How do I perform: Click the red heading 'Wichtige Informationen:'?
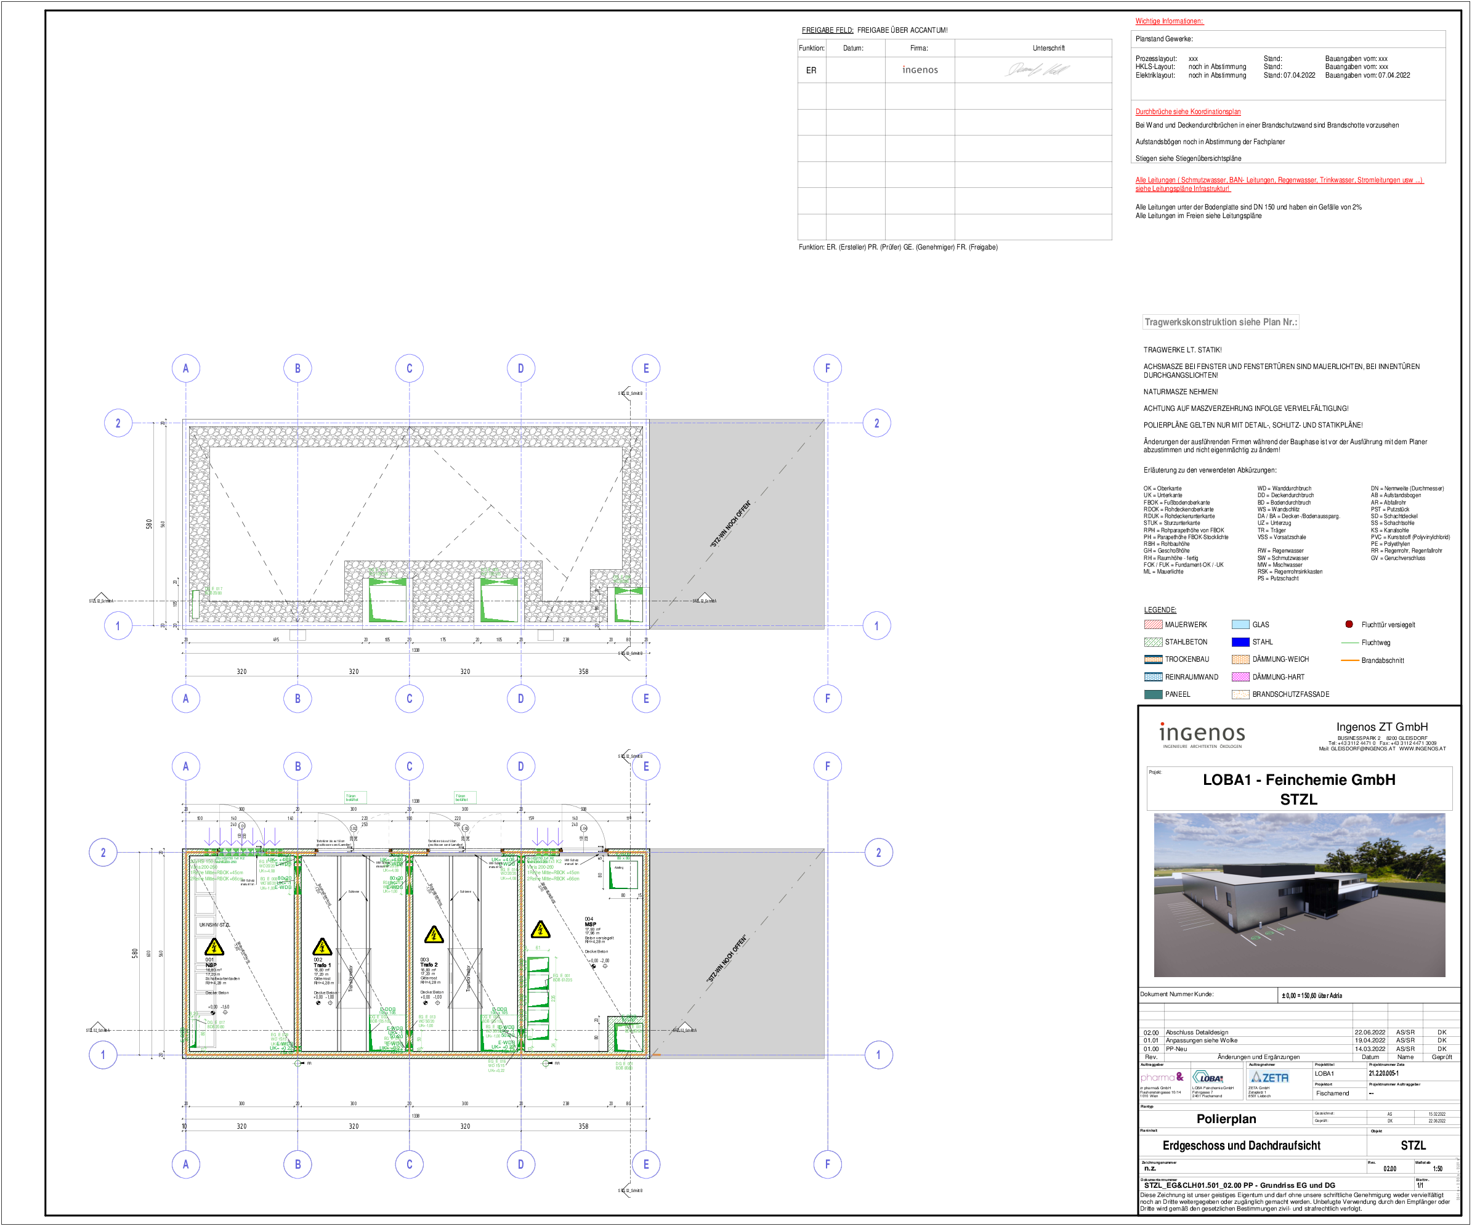click(1168, 21)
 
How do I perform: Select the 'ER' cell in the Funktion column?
click(811, 70)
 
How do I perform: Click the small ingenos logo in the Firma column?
click(920, 70)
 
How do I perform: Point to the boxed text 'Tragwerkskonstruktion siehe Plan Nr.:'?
click(1220, 322)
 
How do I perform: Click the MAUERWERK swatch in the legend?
click(1153, 625)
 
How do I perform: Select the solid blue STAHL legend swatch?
click(1240, 642)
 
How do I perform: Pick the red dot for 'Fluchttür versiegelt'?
click(1349, 624)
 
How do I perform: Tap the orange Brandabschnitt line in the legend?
click(1349, 660)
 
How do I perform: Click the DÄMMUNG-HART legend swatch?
click(1240, 677)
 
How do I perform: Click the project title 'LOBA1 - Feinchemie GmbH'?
click(1298, 780)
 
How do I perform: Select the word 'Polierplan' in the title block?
click(1226, 1119)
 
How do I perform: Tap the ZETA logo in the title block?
click(1270, 1078)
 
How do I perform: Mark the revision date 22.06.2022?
click(1370, 1032)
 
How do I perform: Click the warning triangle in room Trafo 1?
click(321, 947)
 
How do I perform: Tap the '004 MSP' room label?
click(589, 922)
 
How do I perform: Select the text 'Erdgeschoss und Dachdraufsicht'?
click(1242, 1145)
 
